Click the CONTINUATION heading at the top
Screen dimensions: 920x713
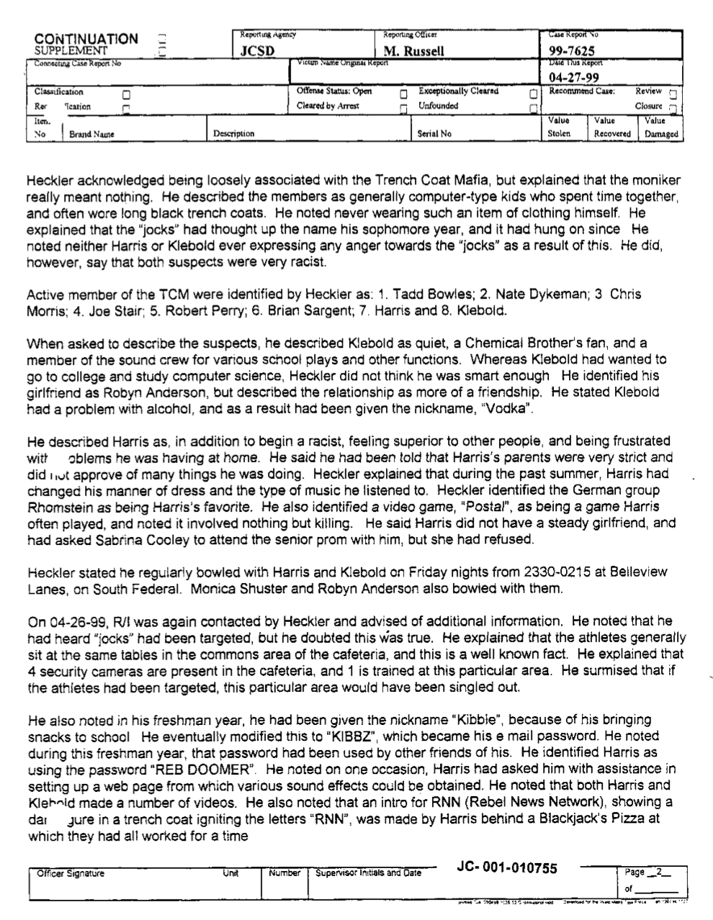pyautogui.click(x=86, y=39)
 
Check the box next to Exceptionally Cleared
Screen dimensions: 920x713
pyautogui.click(x=532, y=94)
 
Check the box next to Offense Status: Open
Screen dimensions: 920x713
pyautogui.click(x=403, y=94)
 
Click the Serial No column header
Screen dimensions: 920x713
pyautogui.click(x=435, y=134)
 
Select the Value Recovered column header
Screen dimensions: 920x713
pyautogui.click(x=612, y=128)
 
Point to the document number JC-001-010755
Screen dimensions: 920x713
pyautogui.click(x=507, y=867)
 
